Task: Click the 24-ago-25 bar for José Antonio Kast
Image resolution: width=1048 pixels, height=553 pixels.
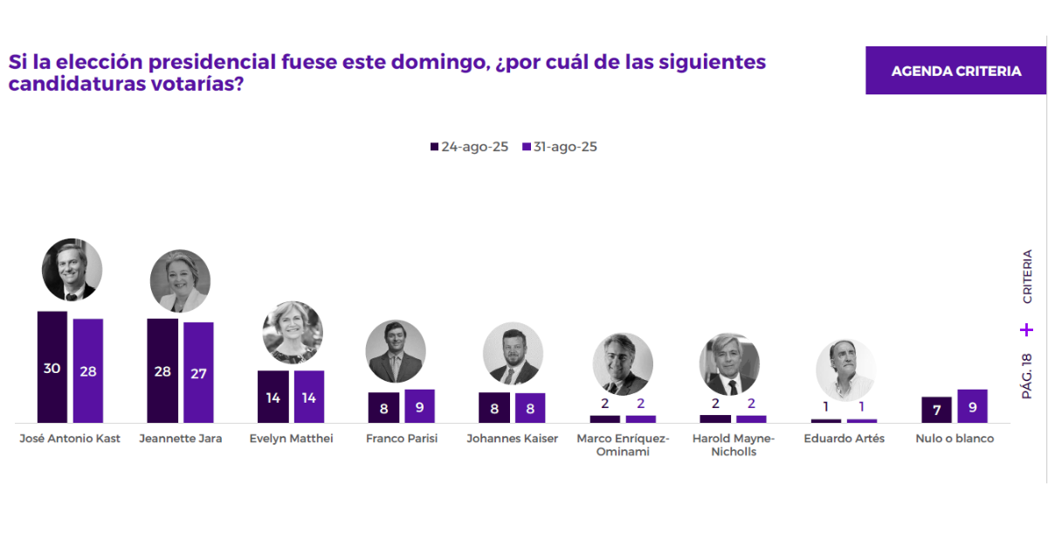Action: (x=52, y=367)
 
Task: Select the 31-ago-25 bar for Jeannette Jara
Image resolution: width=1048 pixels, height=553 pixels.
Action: (x=198, y=372)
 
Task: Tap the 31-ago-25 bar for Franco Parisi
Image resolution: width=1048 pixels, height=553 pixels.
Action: (x=419, y=406)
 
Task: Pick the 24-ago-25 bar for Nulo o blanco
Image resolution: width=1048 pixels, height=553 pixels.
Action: (x=936, y=410)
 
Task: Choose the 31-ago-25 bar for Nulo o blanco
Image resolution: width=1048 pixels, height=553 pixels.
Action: (x=972, y=406)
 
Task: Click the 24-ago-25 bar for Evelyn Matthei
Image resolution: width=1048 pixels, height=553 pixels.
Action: (x=272, y=397)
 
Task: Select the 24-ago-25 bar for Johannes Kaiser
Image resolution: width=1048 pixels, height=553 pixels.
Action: (x=493, y=407)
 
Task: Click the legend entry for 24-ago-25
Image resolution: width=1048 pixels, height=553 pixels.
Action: (x=469, y=147)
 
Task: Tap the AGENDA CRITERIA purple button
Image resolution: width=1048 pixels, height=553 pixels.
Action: (x=955, y=71)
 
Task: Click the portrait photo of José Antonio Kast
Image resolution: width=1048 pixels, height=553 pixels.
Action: (x=72, y=269)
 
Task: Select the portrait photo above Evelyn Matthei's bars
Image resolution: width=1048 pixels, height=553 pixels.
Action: (x=293, y=332)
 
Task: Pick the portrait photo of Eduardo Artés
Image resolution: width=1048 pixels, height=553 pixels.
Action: (x=845, y=370)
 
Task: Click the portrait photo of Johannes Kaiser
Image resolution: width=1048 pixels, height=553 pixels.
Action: (x=513, y=353)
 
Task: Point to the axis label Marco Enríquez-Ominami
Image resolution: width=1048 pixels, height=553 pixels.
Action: (x=623, y=445)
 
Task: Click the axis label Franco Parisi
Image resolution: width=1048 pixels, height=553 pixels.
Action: (x=402, y=439)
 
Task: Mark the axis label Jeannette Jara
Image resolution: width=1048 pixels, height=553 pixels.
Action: (x=181, y=439)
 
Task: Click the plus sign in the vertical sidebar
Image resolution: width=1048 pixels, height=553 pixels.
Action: (x=1027, y=330)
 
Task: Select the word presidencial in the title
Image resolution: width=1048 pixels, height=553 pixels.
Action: (x=210, y=63)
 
